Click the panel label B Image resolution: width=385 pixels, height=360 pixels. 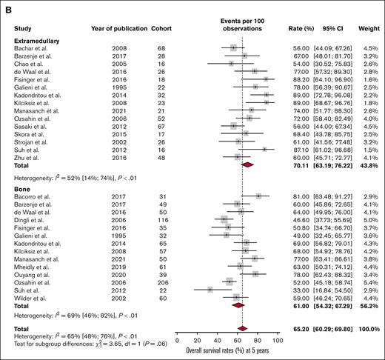click(6, 6)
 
